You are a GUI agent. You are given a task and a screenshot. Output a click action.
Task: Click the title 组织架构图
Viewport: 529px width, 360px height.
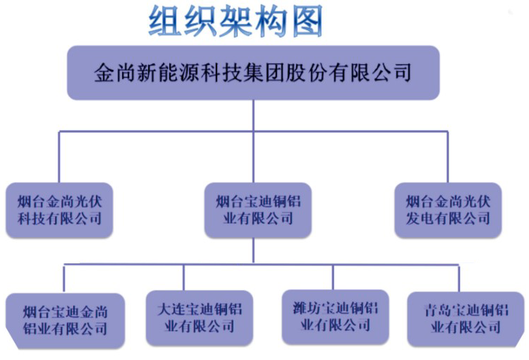click(236, 21)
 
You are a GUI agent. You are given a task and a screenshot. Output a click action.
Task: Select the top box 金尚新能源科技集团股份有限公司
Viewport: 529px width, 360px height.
click(253, 73)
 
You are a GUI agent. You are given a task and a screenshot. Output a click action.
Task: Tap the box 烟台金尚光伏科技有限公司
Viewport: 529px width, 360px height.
click(59, 210)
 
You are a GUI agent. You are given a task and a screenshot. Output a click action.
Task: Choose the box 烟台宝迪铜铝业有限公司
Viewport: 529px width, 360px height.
click(257, 210)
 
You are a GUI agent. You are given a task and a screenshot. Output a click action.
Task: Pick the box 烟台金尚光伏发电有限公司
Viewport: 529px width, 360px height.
click(448, 210)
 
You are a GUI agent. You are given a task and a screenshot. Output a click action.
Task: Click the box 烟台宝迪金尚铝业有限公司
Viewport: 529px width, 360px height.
click(65, 320)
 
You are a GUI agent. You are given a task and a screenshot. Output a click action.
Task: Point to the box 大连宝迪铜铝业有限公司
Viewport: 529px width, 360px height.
click(200, 318)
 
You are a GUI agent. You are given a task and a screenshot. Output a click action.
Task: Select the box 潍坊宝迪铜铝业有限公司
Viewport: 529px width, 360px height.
click(335, 317)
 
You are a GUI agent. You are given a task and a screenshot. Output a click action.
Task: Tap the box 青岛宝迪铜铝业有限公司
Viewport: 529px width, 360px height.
click(466, 319)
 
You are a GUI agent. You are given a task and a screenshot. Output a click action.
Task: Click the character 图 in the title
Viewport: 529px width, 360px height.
click(307, 21)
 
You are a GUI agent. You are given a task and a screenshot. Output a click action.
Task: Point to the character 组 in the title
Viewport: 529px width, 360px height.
click(164, 21)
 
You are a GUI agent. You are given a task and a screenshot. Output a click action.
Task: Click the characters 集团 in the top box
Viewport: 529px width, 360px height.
click(264, 73)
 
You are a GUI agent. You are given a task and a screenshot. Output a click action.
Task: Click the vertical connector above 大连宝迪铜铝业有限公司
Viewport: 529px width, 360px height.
click(184, 277)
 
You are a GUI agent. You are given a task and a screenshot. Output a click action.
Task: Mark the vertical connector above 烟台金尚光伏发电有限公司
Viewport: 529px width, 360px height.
click(448, 157)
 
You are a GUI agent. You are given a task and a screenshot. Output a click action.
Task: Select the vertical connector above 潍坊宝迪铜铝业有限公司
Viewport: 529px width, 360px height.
click(333, 277)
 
